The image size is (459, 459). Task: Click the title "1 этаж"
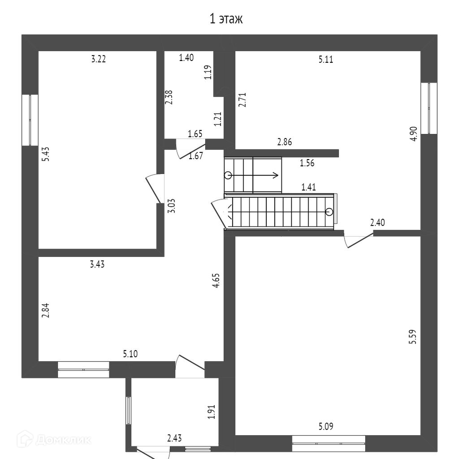[226, 19]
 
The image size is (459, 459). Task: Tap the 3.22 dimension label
[98, 59]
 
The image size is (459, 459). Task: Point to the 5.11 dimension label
[326, 59]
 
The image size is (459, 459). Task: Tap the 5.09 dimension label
[326, 426]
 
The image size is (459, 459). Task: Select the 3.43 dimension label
[97, 264]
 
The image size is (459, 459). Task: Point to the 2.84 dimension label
[45, 311]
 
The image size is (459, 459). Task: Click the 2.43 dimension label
[174, 438]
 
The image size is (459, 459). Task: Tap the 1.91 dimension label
[212, 412]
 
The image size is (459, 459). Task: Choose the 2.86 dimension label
[285, 143]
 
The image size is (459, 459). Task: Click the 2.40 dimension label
[377, 222]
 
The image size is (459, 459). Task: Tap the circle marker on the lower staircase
[329, 212]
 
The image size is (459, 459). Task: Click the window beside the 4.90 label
[431, 108]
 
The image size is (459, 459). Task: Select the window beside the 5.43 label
[30, 120]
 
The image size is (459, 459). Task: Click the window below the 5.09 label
[329, 444]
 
